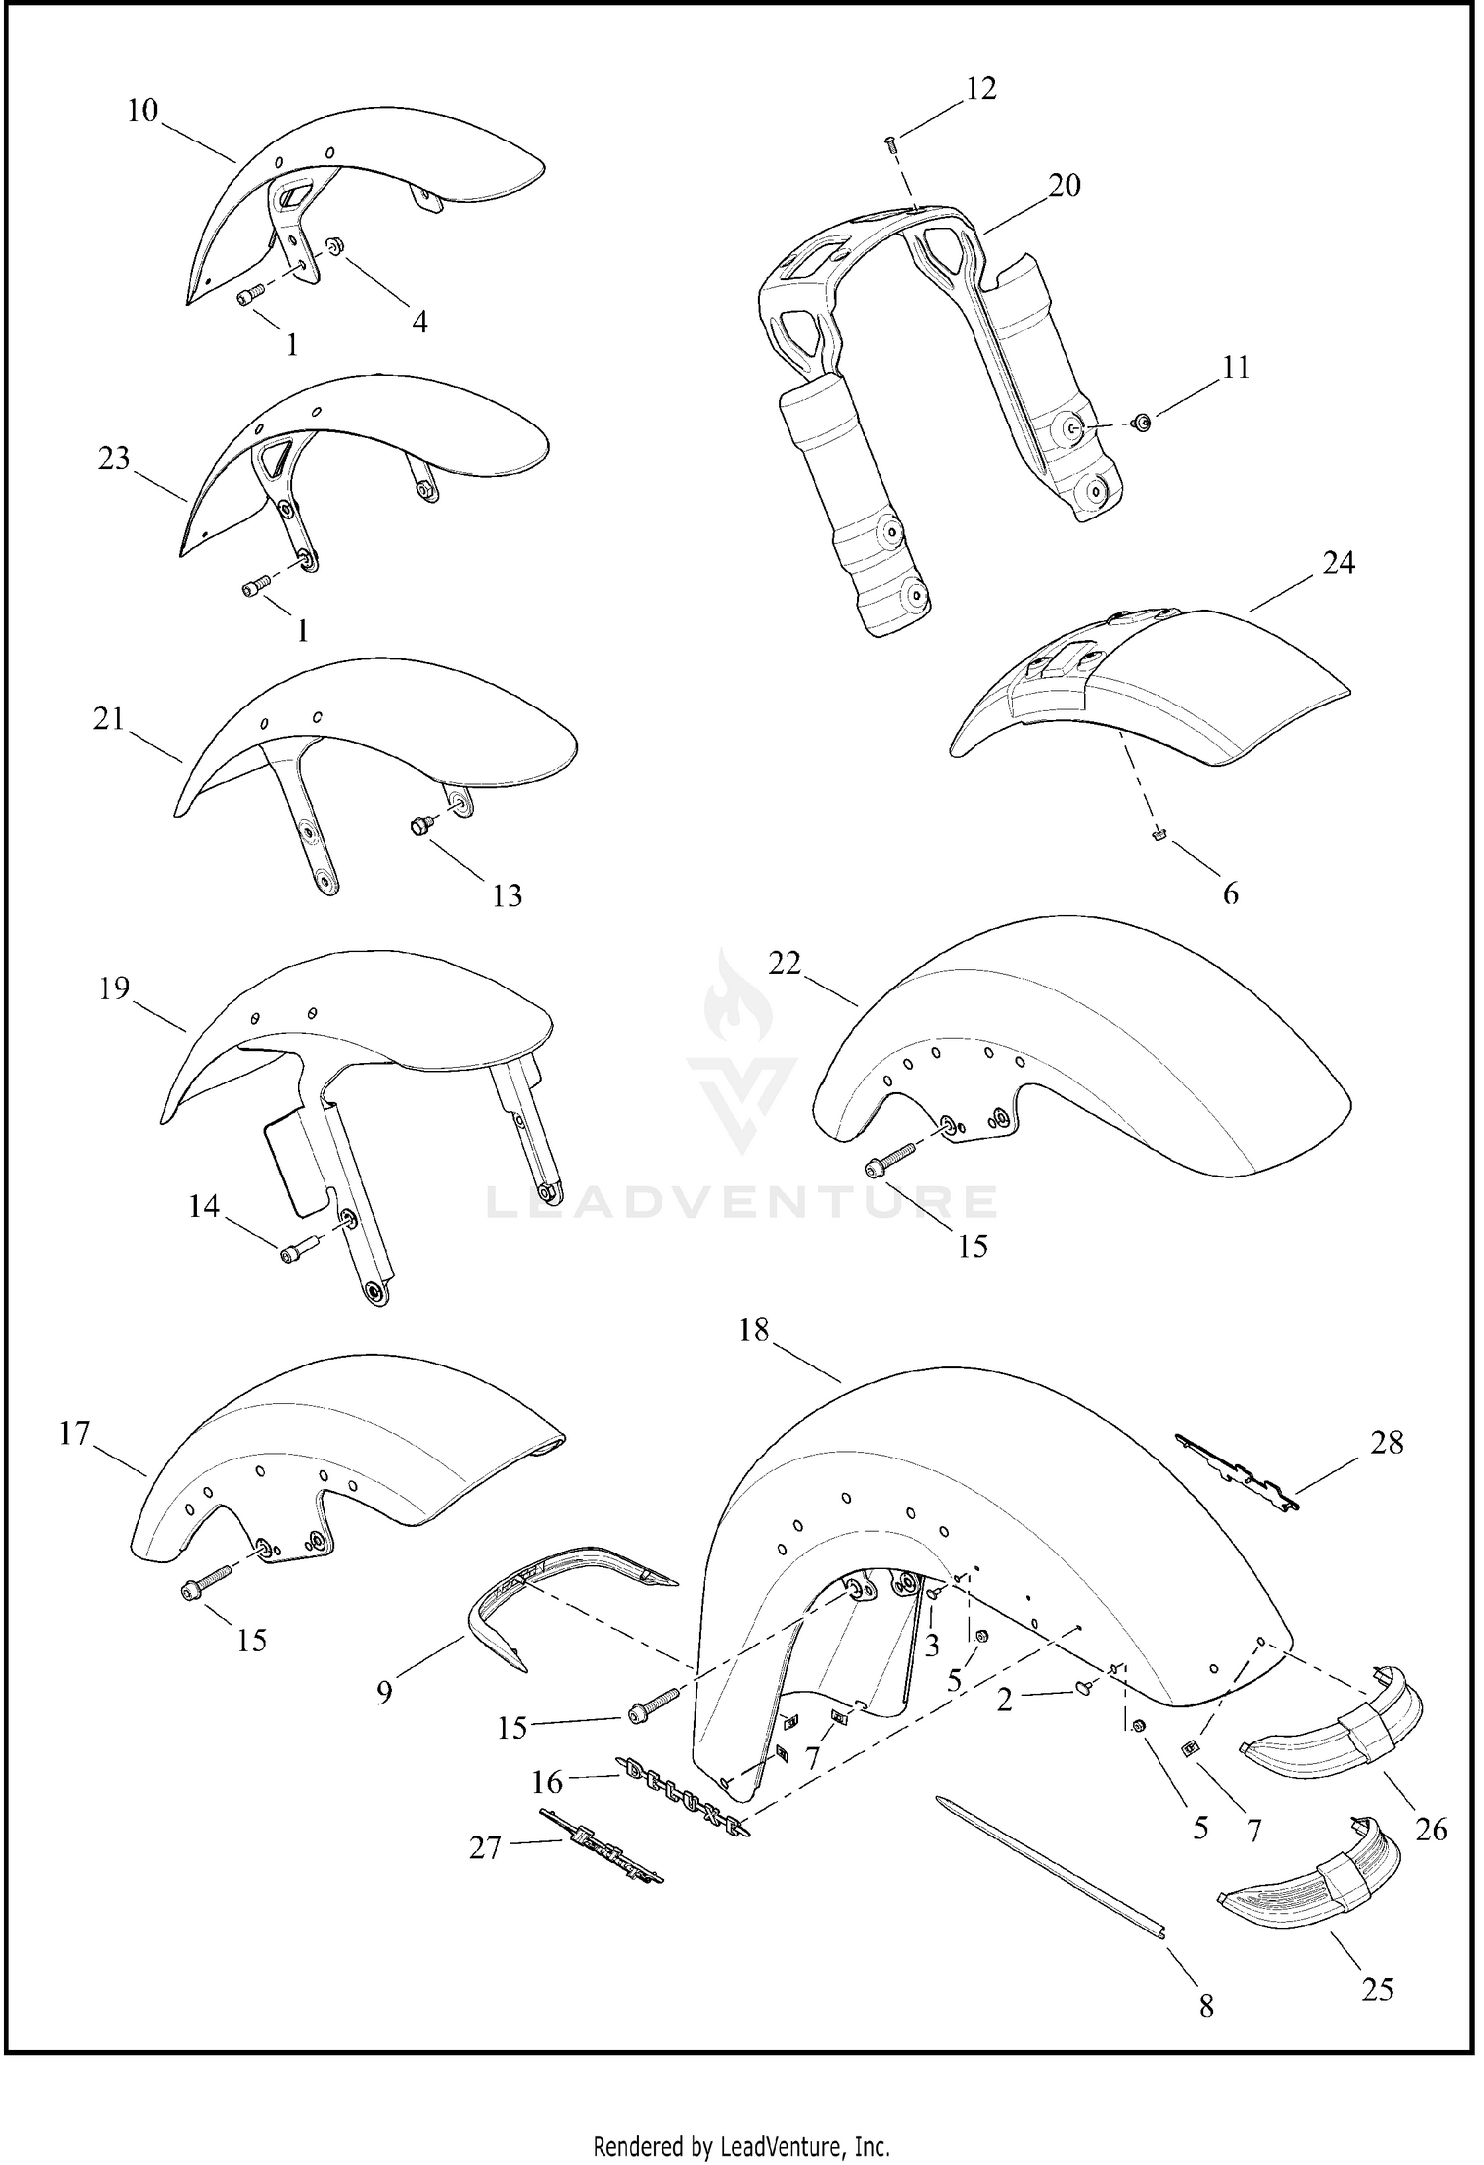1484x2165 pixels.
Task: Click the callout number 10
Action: [x=143, y=111]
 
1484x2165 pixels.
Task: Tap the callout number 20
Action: [x=1065, y=186]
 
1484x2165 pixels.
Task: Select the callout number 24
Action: [x=1338, y=564]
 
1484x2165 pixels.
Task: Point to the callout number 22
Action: [x=785, y=963]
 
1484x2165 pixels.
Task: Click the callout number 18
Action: [x=753, y=1330]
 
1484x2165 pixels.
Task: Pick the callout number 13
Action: [x=507, y=895]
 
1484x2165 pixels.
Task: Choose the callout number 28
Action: [x=1387, y=1443]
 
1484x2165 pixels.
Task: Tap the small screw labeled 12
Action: [x=889, y=143]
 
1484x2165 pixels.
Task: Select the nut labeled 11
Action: [x=1142, y=423]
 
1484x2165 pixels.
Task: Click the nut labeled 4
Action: [x=333, y=243]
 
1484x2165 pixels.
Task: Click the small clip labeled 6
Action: [x=1157, y=835]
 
